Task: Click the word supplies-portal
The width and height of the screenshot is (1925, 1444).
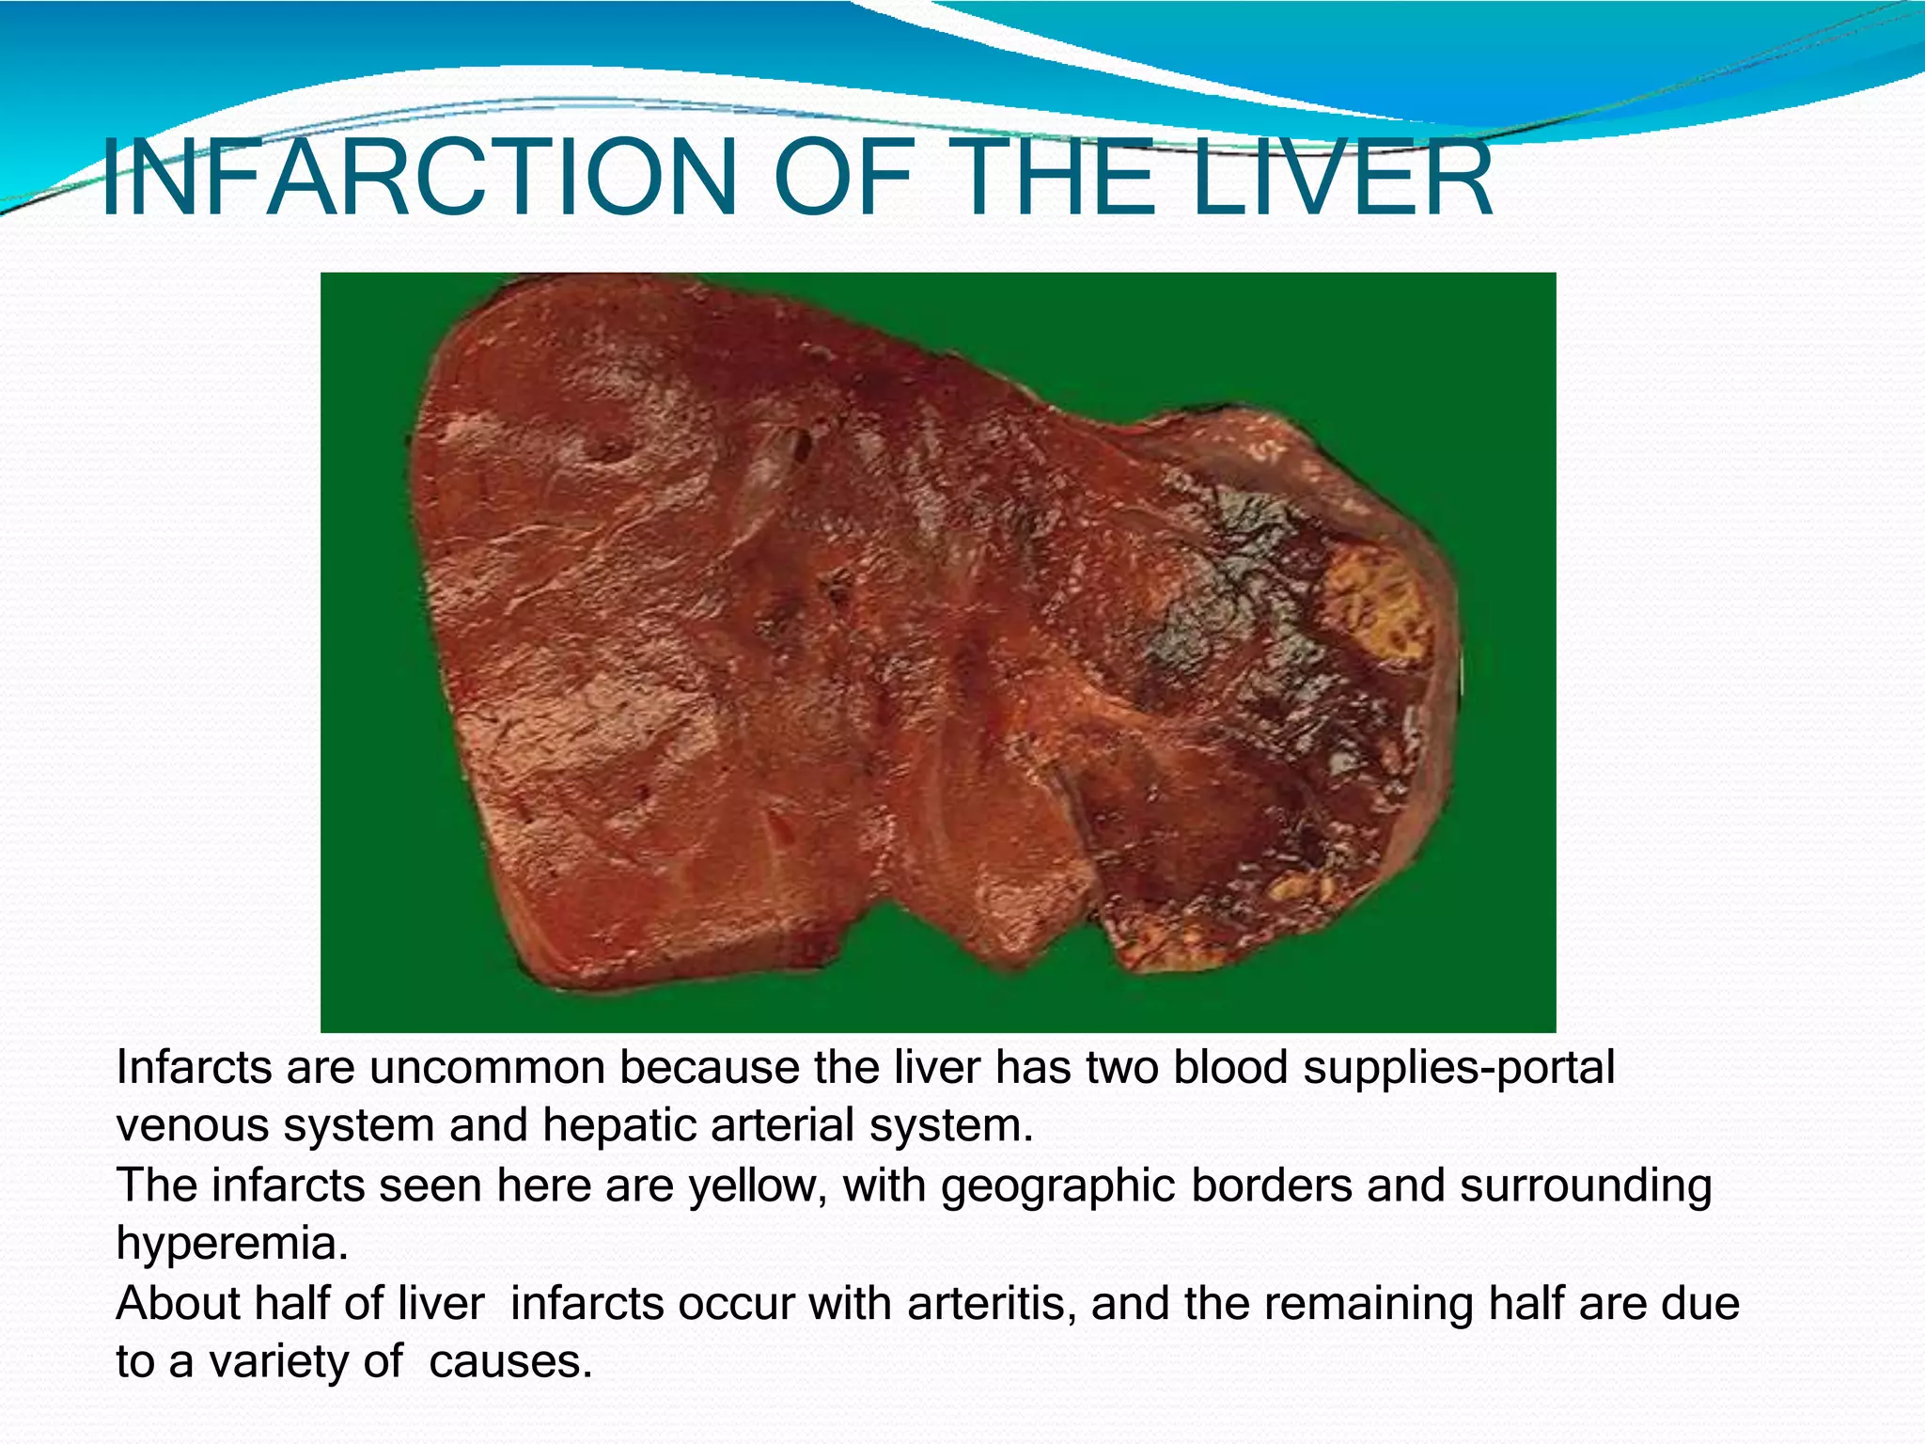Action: point(1458,1069)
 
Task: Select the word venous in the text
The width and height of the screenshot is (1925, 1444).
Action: point(192,1126)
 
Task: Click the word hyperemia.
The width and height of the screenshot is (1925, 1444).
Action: point(231,1245)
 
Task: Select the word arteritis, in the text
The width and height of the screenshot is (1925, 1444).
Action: point(991,1304)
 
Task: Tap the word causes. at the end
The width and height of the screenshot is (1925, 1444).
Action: point(510,1362)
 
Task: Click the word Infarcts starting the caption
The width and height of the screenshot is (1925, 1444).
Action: point(193,1069)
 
